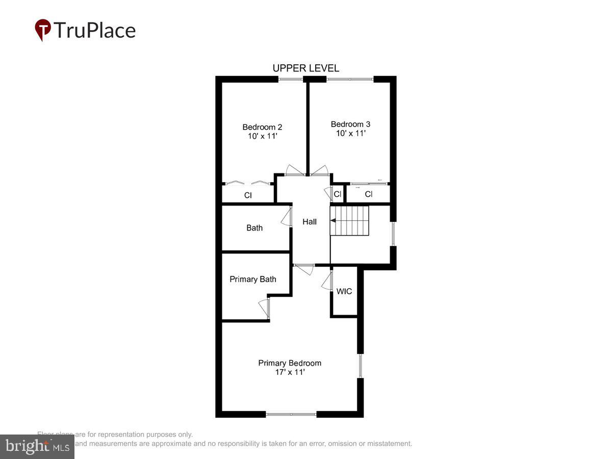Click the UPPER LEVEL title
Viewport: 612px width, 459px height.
(x=305, y=68)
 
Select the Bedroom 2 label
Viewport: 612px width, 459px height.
(x=262, y=127)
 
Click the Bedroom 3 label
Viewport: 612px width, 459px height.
(x=350, y=124)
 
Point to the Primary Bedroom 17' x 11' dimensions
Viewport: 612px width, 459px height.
(x=289, y=372)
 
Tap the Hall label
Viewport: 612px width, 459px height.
(x=310, y=222)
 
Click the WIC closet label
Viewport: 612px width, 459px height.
(x=344, y=292)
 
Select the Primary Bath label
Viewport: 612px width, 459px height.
(x=253, y=279)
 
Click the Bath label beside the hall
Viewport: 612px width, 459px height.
(x=254, y=228)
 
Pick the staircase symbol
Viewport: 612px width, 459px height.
(x=350, y=221)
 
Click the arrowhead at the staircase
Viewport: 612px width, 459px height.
(x=333, y=221)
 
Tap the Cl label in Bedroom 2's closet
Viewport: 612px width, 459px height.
(x=248, y=195)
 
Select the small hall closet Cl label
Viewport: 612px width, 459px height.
(x=337, y=194)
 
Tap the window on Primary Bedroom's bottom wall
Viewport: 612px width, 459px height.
(x=291, y=414)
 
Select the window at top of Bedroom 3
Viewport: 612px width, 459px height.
(x=350, y=79)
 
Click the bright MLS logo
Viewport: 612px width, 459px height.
(x=37, y=447)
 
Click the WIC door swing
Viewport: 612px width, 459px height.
(x=327, y=281)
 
